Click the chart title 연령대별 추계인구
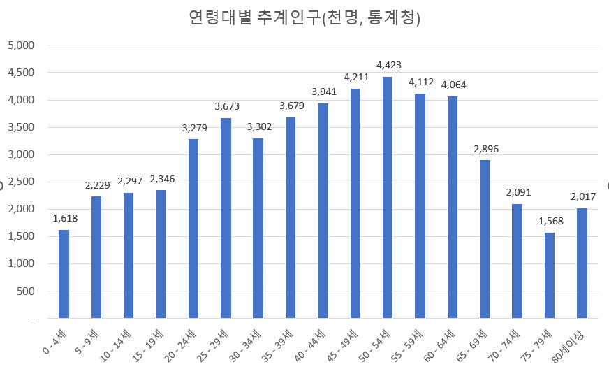(304, 18)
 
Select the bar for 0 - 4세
(64, 274)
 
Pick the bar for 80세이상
(582, 263)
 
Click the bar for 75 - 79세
(550, 275)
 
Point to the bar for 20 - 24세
(193, 229)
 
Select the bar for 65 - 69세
(485, 239)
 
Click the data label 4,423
(388, 65)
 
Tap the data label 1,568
(550, 221)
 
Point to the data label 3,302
(258, 126)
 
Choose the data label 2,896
(485, 149)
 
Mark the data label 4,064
(453, 85)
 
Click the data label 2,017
(582, 196)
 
